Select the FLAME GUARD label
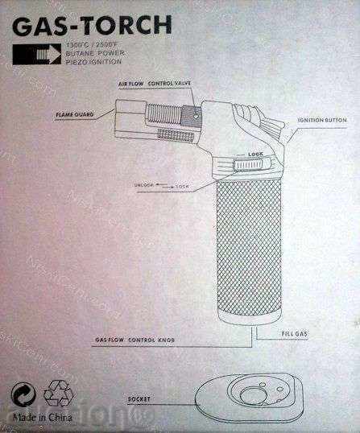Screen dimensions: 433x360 click(76, 114)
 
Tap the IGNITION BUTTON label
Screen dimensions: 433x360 click(321, 120)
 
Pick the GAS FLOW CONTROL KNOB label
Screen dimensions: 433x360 click(134, 341)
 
